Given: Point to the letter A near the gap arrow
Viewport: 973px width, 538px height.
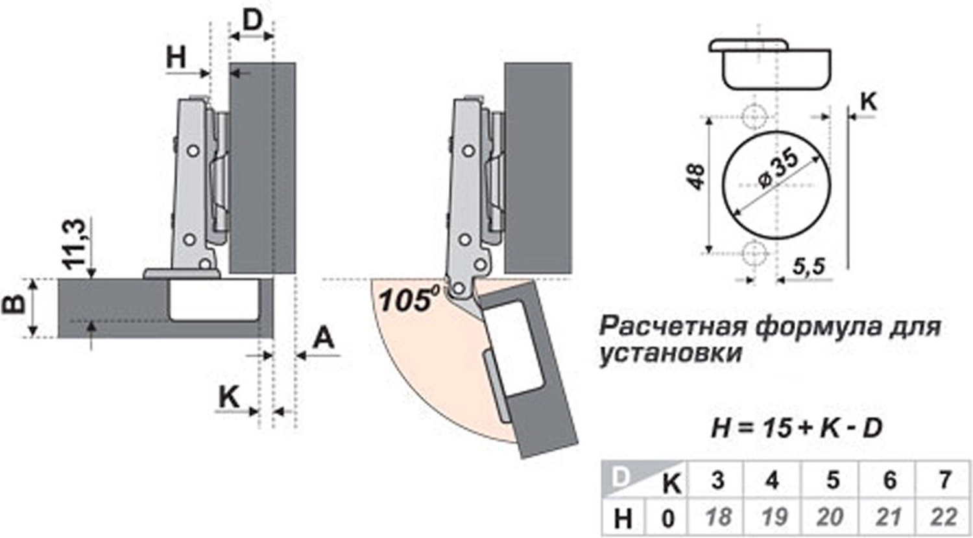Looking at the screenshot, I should (x=324, y=338).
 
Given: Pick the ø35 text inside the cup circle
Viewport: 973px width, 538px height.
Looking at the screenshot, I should (x=778, y=169).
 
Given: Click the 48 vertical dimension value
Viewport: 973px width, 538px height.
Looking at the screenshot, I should (x=695, y=176).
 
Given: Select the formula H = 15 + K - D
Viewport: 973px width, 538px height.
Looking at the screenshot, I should (x=797, y=428).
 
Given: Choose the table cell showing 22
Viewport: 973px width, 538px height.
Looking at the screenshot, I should (x=943, y=517).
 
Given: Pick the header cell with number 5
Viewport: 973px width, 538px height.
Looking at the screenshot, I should (x=832, y=480).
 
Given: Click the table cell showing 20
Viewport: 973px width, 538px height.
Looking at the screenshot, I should (x=830, y=517).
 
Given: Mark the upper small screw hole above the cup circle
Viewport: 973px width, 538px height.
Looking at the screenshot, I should (x=753, y=117).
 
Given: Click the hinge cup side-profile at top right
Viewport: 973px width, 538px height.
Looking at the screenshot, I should (x=770, y=65).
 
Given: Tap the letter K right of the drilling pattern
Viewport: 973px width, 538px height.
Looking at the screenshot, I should (x=868, y=101).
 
